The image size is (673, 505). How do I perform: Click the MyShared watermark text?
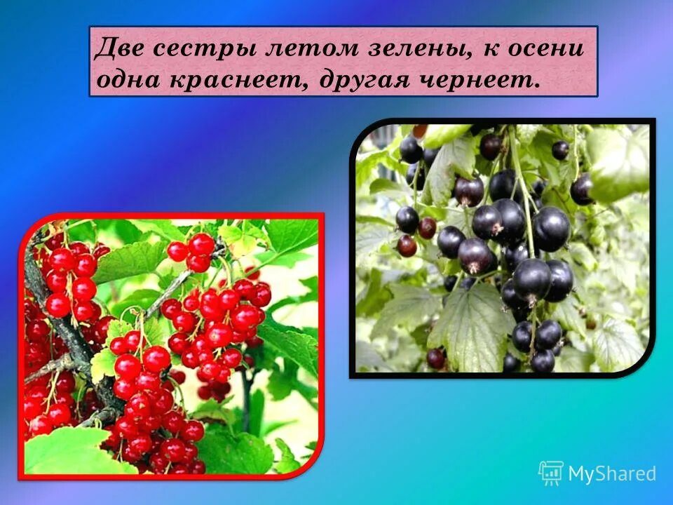coord(611,473)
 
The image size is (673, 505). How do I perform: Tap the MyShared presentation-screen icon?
coord(551,473)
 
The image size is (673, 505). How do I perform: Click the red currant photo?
coord(172,346)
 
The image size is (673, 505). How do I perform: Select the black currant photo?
coord(502,248)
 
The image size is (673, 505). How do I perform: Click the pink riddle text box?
coord(344,62)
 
